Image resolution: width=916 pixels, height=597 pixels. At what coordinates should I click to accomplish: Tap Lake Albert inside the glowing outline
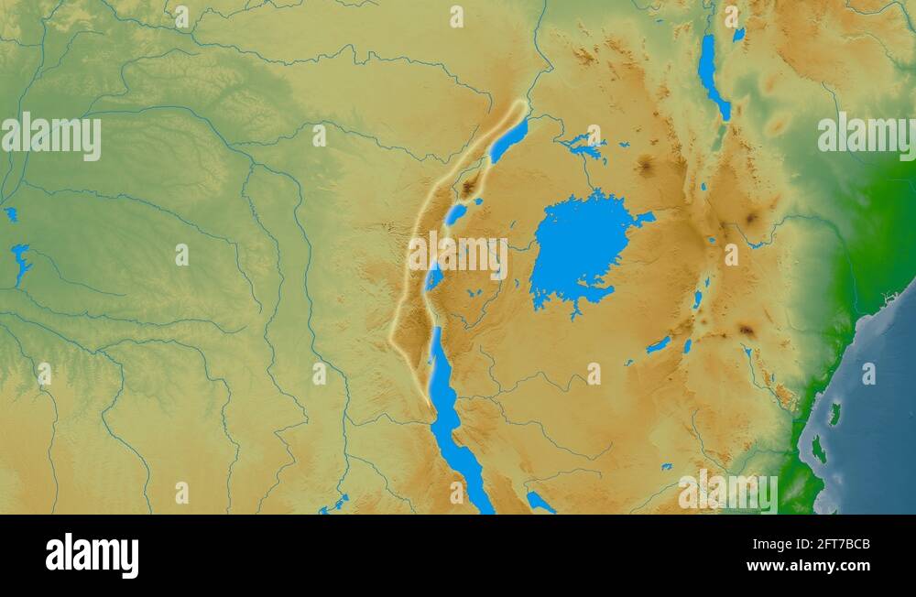(508, 141)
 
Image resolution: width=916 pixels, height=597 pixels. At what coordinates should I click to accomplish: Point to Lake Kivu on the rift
(435, 275)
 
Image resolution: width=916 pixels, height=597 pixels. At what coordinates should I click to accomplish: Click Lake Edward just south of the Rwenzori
(455, 214)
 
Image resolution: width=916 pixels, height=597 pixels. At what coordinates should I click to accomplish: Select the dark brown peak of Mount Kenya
(753, 219)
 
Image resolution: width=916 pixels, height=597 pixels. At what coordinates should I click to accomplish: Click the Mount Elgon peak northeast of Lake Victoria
(646, 166)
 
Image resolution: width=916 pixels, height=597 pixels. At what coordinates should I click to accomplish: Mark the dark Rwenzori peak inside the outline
(469, 188)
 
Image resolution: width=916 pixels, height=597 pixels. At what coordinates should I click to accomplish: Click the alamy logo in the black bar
(92, 555)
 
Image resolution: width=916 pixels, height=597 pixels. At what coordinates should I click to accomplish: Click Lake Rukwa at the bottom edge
(540, 502)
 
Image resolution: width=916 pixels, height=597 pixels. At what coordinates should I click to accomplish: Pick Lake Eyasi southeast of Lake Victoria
(659, 345)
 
